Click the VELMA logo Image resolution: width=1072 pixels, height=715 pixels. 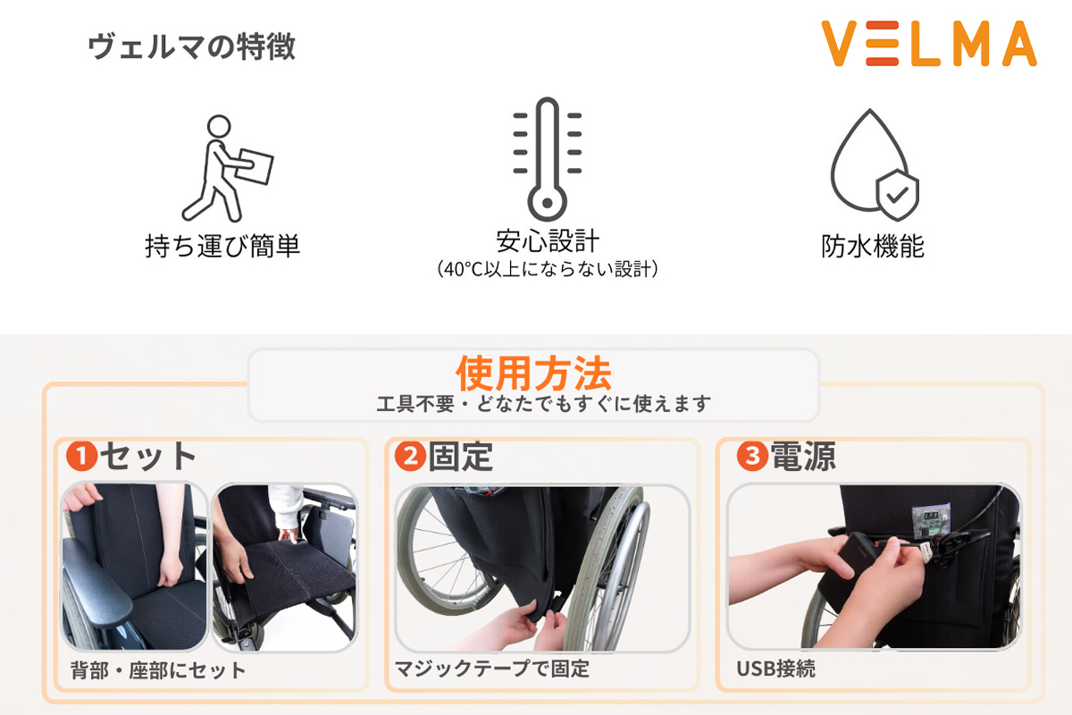pos(928,45)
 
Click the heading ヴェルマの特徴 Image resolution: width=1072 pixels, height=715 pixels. pos(191,46)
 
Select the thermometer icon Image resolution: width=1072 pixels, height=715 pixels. pos(546,159)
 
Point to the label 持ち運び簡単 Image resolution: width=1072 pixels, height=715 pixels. pos(222,246)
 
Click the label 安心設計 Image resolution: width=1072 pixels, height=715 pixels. pos(547,241)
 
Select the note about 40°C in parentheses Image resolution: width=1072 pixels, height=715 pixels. pos(547,269)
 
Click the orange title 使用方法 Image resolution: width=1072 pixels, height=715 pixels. pos(533,370)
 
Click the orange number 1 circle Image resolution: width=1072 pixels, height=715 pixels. pos(81,458)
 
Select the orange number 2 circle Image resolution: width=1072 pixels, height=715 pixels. pos(410,458)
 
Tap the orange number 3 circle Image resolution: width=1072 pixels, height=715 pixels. pos(751,458)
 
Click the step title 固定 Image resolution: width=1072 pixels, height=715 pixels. pos(461,457)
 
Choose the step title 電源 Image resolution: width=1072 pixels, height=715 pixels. pos(802,457)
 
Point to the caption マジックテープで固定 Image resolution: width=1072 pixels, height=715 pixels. pos(492,669)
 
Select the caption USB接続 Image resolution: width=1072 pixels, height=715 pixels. pos(775,669)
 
